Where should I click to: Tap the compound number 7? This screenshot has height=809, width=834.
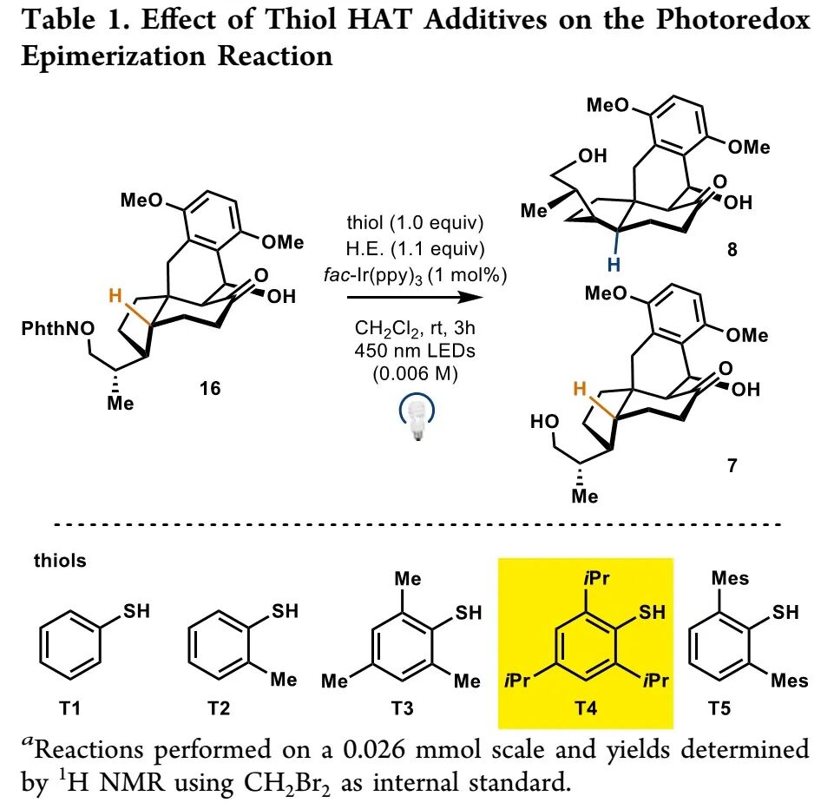click(x=732, y=466)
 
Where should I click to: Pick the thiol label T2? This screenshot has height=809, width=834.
click(x=219, y=708)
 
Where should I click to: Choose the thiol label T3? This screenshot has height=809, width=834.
click(x=402, y=708)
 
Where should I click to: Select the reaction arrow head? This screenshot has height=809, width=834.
click(x=473, y=298)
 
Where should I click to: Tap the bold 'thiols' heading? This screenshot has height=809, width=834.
click(x=60, y=560)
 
